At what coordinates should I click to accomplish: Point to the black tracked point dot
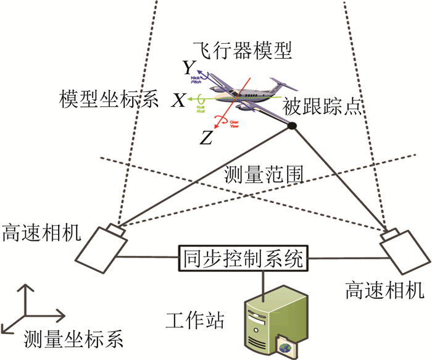(x=293, y=126)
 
